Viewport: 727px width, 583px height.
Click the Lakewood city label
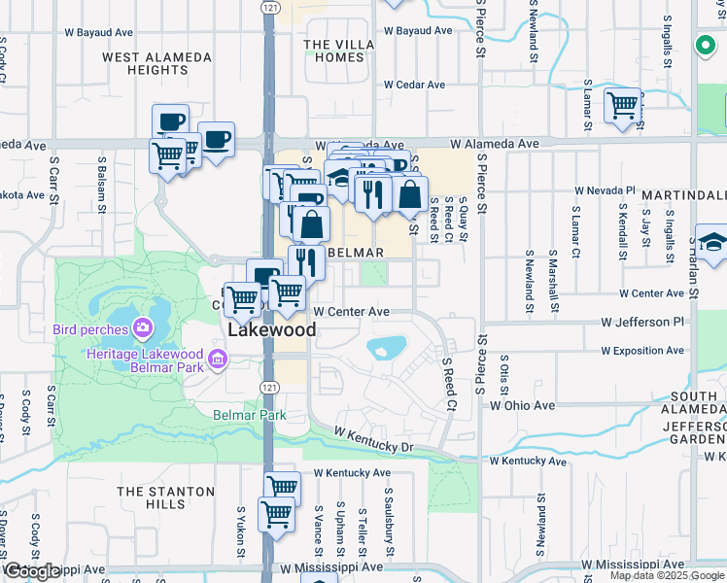coord(272,330)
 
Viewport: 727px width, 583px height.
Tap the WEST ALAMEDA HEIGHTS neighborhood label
coord(157,64)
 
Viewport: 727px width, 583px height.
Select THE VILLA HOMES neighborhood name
coord(333,51)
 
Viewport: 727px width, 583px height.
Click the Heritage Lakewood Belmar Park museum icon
coord(216,362)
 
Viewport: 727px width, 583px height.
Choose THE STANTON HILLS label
coord(151,497)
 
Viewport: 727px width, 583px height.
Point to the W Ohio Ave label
coord(522,404)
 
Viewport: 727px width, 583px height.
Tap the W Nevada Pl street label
coord(605,190)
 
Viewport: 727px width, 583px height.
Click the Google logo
coord(31,572)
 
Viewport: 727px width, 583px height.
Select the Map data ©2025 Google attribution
coord(667,575)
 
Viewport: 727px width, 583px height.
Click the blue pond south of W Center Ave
coord(387,347)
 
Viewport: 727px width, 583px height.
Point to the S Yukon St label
coord(240,532)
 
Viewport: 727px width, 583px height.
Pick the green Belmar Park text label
coord(250,415)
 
